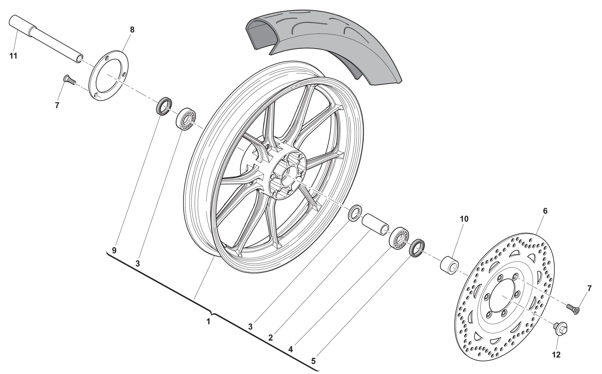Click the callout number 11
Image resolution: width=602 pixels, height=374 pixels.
pos(13,56)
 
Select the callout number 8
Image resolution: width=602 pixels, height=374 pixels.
pos(132,30)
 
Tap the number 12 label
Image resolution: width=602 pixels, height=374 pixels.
pos(556,355)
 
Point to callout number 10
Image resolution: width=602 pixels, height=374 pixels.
pos(464,219)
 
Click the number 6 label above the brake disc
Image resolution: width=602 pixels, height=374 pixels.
pos(545,211)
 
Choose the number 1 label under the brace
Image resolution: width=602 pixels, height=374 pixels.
pos(208,322)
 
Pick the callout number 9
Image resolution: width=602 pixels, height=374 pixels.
pos(114,250)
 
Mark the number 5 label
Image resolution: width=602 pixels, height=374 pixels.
pos(313,361)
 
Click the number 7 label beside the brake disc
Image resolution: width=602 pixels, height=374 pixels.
pos(589,289)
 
